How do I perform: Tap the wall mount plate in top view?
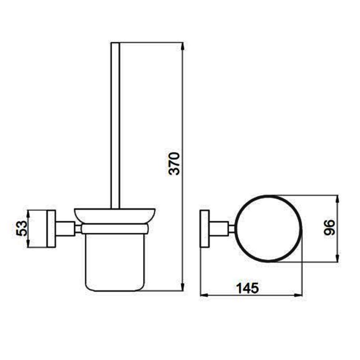[205, 229]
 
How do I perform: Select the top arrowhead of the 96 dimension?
[337, 198]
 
